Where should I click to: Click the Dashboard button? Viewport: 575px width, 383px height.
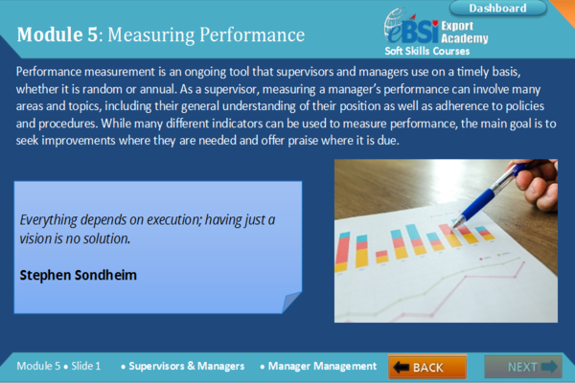[x=497, y=8]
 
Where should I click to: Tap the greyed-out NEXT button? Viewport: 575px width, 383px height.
[x=523, y=367]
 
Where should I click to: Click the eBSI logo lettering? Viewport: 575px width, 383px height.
[x=411, y=30]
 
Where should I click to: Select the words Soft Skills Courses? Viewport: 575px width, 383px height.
[x=426, y=51]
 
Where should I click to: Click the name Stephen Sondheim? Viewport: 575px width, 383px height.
[x=79, y=275]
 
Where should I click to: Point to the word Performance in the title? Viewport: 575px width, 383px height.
[x=252, y=34]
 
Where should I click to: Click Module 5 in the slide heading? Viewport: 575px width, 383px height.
[x=57, y=34]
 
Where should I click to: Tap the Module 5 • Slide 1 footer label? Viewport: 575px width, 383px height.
[x=58, y=366]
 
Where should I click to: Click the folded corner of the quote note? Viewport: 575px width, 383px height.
[x=291, y=302]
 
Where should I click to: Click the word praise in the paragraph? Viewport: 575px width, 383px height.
[x=303, y=141]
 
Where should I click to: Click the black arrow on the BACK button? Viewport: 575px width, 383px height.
[x=401, y=367]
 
